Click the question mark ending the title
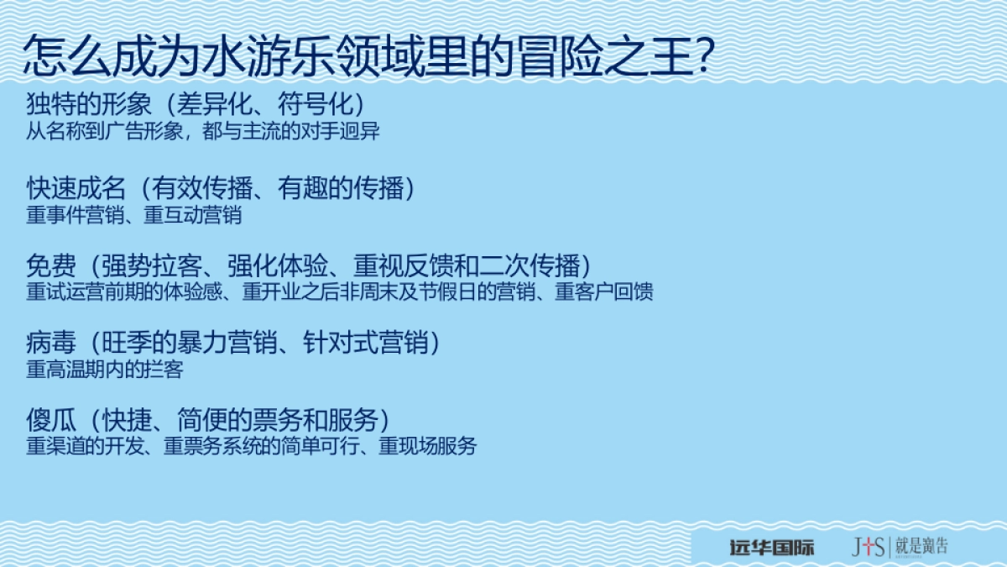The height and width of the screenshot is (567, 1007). coord(704,56)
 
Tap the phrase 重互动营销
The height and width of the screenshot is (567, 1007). coord(192,215)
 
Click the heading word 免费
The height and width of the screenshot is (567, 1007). coord(51,266)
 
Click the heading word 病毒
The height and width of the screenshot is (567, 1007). coord(51,343)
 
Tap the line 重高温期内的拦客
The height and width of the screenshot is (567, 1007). coord(104,370)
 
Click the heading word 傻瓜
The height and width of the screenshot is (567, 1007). coord(51,418)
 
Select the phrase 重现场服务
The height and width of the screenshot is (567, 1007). coord(427,446)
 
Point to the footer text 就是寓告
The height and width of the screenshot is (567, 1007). coord(922,547)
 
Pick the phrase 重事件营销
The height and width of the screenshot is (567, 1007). coord(75,215)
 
